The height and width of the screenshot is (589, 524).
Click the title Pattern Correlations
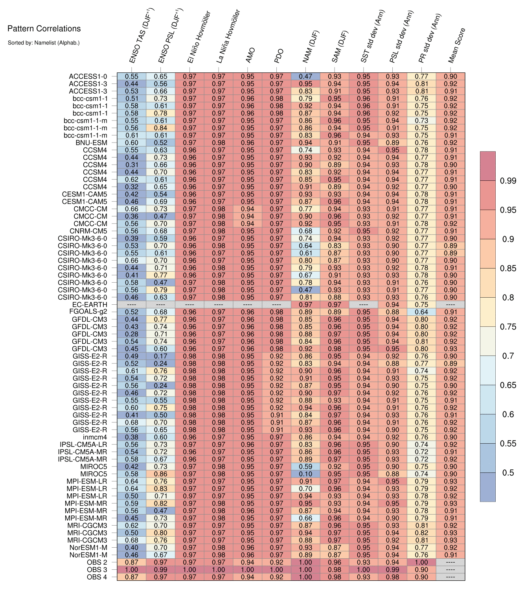click(x=44, y=28)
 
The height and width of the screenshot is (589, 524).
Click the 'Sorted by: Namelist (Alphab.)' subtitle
click(x=44, y=43)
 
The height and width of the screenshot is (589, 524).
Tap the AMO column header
click(x=250, y=55)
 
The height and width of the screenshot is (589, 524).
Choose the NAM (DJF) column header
click(x=311, y=46)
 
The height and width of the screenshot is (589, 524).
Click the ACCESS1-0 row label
click(x=88, y=77)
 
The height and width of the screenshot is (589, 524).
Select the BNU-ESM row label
click(x=91, y=143)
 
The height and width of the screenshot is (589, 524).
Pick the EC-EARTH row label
click(x=90, y=304)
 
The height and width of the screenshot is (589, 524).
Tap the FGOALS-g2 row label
click(x=88, y=312)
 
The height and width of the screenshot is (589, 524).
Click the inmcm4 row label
click(x=95, y=437)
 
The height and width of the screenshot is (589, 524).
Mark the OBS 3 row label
click(x=97, y=570)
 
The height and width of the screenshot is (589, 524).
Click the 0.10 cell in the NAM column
click(x=305, y=474)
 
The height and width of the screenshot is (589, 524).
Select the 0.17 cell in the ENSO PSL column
click(x=160, y=356)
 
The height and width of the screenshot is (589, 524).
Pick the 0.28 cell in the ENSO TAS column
click(x=132, y=334)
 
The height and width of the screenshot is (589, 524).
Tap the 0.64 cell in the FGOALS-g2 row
click(x=421, y=312)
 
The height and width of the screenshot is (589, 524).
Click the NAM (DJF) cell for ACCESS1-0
click(x=305, y=77)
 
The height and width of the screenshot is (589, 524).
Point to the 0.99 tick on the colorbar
click(x=508, y=181)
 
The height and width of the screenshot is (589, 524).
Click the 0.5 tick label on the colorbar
click(x=508, y=472)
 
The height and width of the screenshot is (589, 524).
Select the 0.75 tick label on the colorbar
click(x=508, y=326)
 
